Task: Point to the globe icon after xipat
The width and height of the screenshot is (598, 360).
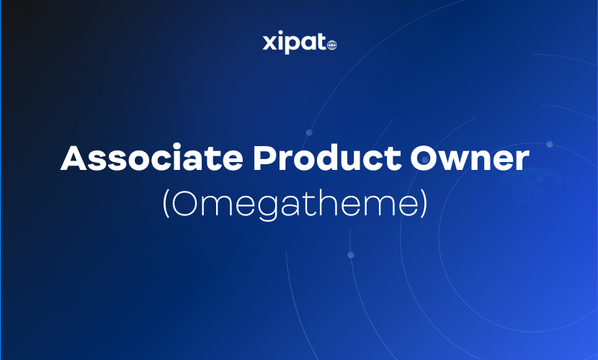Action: (x=331, y=45)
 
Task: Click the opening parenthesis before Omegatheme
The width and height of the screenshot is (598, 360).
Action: (x=166, y=204)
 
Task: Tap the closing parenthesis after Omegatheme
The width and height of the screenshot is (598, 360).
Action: (x=424, y=204)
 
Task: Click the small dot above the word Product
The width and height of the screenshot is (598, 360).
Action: (x=309, y=132)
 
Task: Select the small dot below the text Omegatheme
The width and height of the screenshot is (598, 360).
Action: (x=351, y=255)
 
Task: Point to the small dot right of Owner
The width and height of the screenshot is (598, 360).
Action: (x=550, y=144)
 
